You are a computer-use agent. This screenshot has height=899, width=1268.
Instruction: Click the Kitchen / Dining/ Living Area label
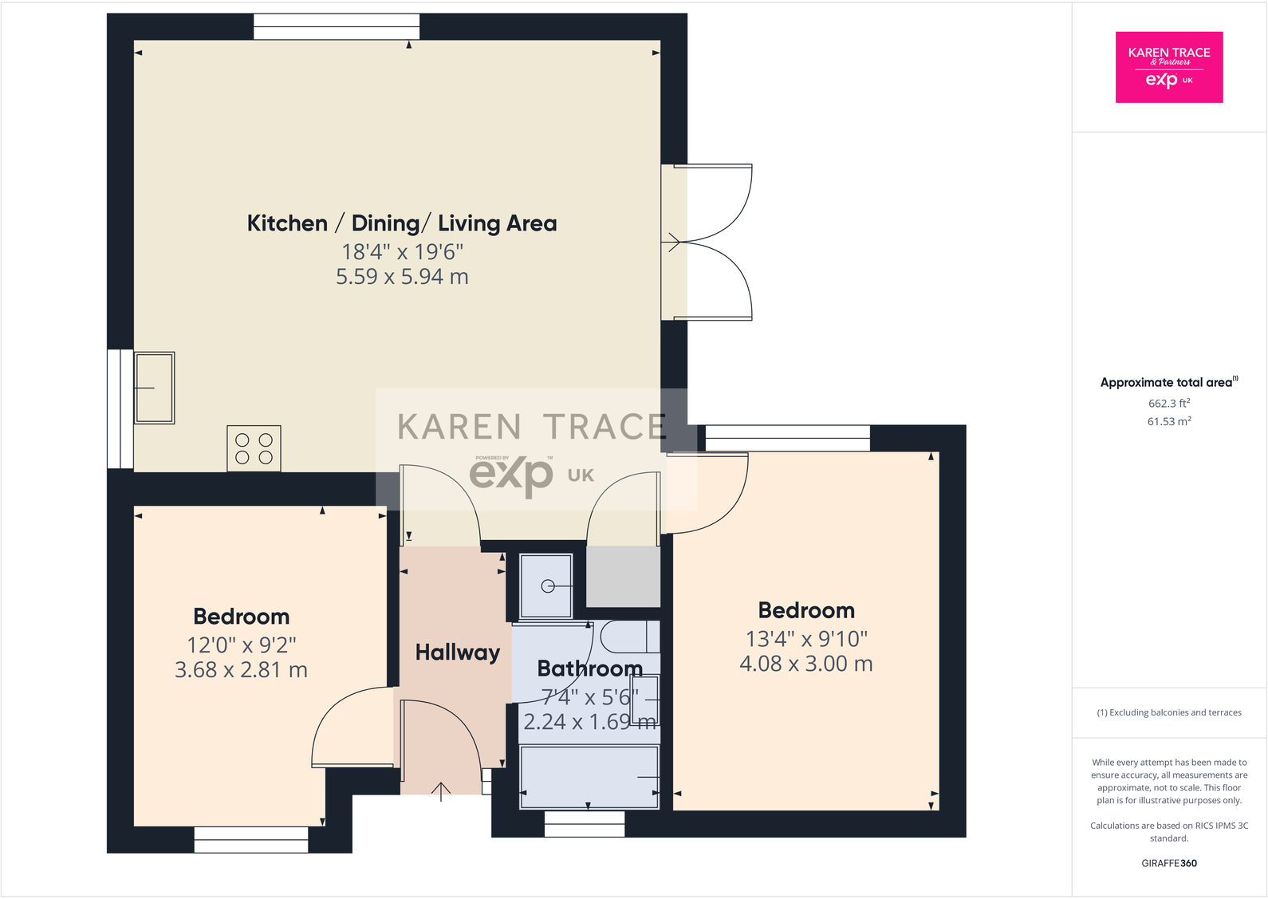pos(401,223)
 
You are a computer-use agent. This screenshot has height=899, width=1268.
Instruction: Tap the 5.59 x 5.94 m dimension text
pos(402,277)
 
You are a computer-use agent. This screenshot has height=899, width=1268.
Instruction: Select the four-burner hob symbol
pos(254,448)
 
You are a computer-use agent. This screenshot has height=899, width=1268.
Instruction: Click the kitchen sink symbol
pos(155,388)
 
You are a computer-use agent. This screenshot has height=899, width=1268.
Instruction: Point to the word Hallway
pos(457,653)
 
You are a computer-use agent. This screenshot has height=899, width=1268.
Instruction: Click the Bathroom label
pos(589,668)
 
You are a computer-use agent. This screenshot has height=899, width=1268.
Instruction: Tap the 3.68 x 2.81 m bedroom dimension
pos(241,670)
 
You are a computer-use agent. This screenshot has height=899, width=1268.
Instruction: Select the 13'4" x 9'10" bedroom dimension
pos(806,639)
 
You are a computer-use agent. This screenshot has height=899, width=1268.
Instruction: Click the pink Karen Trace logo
pos(1168,67)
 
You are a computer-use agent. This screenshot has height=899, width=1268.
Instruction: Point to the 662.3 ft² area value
pos(1168,404)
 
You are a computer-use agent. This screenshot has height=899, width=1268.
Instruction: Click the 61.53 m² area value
pos(1168,421)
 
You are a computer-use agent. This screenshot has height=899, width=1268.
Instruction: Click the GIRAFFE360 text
pos(1168,863)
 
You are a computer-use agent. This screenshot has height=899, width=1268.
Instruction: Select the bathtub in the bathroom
pos(589,777)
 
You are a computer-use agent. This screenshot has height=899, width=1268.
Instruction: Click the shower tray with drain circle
pos(546,586)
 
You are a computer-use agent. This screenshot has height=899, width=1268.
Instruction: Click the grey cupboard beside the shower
pos(623,576)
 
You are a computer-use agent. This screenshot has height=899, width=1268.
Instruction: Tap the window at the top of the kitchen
pos(337,26)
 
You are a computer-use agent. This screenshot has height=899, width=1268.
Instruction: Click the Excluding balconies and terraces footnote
pos(1168,712)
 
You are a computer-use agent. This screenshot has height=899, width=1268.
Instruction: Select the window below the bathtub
pos(585,824)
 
